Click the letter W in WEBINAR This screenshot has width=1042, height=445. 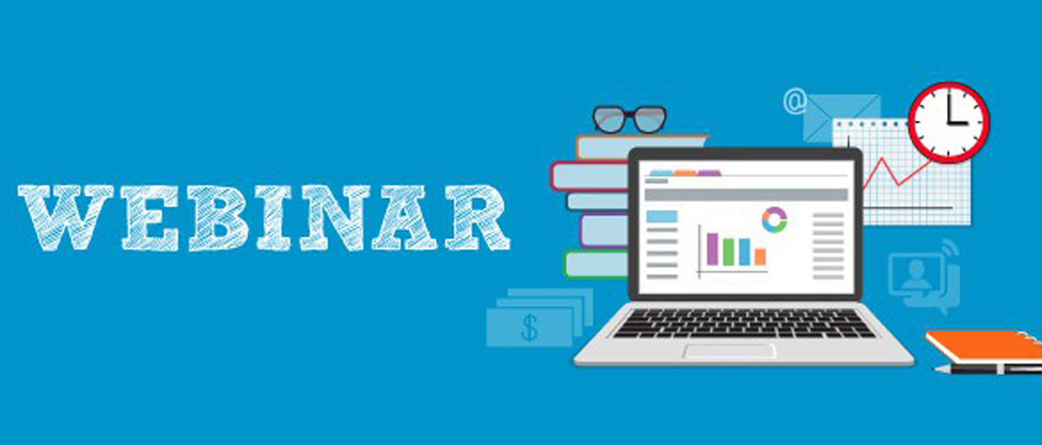click(66, 218)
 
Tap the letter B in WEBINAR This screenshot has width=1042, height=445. click(218, 218)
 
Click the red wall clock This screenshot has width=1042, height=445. click(949, 122)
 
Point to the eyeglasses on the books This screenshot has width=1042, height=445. click(629, 120)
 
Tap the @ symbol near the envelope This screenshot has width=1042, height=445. click(795, 101)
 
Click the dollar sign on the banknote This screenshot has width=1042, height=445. click(529, 327)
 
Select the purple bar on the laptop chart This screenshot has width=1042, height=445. click(712, 249)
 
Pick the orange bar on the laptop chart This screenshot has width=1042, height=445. click(760, 257)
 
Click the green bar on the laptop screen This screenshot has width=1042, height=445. click(728, 252)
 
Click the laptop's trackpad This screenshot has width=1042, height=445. click(729, 351)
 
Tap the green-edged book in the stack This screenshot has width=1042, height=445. click(596, 264)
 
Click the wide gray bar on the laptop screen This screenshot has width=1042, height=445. click(746, 195)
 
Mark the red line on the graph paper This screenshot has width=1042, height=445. click(898, 172)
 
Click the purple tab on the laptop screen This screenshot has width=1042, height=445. click(709, 173)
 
